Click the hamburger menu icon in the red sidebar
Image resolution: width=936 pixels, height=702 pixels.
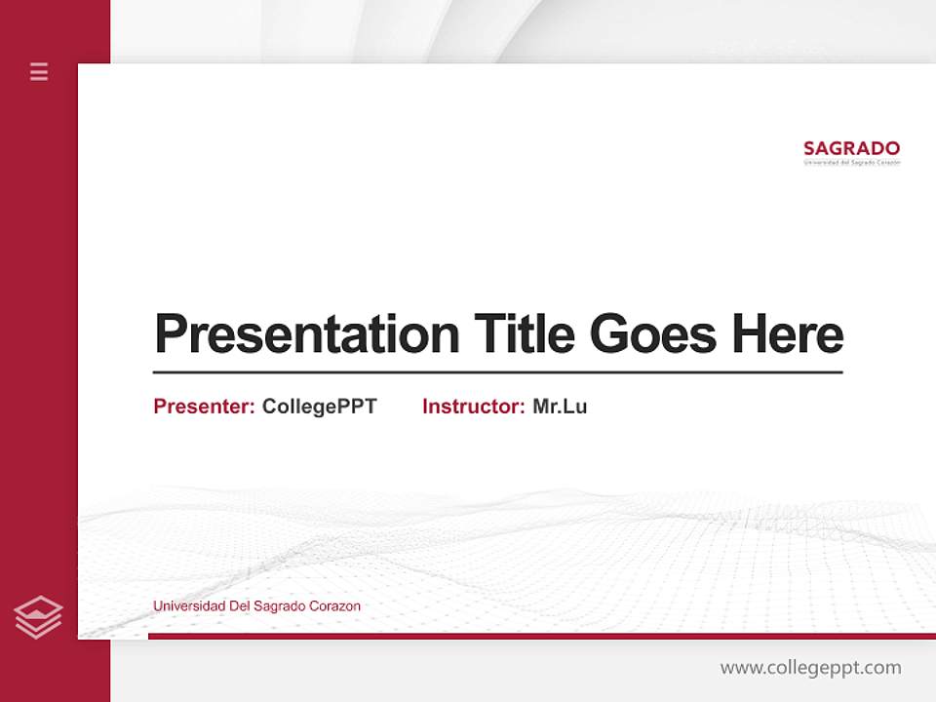pos(39,71)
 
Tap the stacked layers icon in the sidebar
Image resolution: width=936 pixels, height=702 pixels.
pos(38,617)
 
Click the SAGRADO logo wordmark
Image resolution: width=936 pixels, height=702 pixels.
pos(851,148)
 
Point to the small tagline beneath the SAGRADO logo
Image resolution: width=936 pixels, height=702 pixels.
pos(851,163)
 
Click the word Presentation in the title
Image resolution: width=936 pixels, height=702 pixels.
pos(306,334)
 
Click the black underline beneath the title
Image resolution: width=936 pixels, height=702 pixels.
pos(497,372)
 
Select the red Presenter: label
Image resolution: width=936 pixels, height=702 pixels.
pos(204,407)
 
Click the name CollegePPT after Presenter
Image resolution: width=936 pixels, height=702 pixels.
pos(319,407)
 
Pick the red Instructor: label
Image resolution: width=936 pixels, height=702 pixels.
pos(473,407)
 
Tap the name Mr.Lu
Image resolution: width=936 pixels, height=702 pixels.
pos(560,407)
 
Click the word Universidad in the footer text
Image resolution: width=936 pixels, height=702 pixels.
pos(188,606)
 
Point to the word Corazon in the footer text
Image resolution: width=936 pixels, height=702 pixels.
pos(334,606)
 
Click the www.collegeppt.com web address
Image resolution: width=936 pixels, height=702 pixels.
pos(810,668)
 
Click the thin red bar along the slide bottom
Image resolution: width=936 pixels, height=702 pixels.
pos(541,636)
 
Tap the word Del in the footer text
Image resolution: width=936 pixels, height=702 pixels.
pos(239,606)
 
